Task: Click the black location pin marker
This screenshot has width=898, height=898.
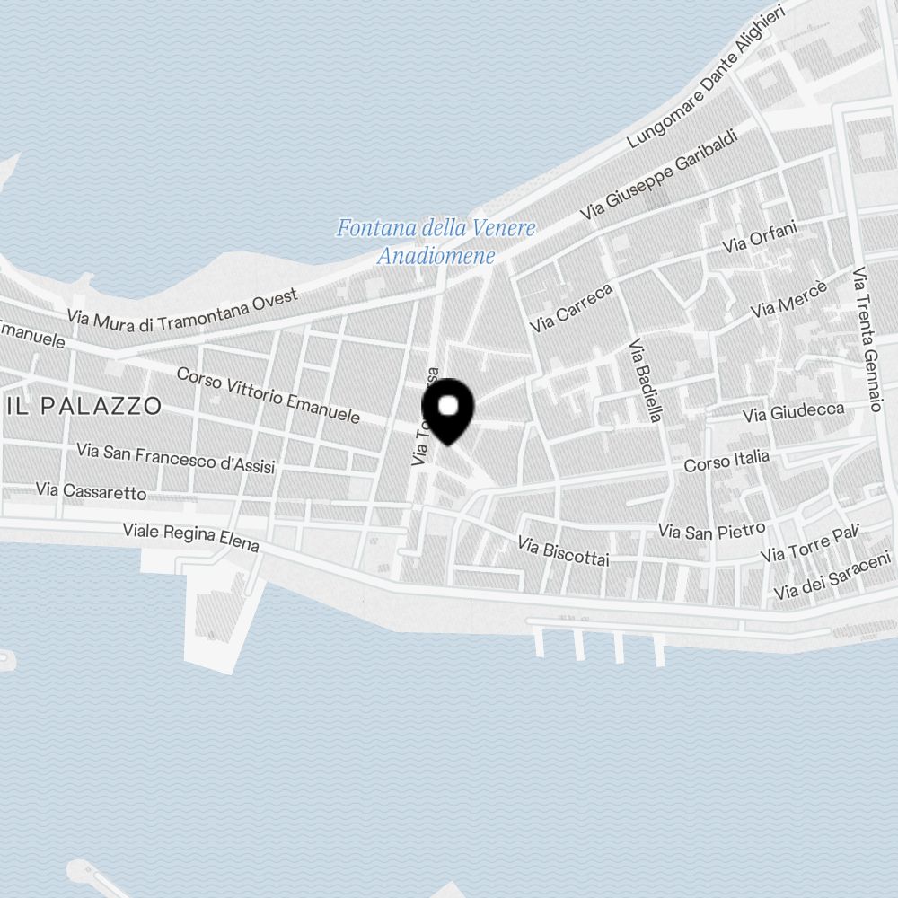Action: [447, 409]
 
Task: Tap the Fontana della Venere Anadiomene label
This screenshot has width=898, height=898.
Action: [436, 242]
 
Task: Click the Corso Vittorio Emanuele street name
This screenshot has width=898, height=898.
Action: [268, 395]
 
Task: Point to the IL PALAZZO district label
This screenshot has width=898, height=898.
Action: [84, 406]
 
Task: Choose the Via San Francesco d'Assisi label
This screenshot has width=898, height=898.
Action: [176, 457]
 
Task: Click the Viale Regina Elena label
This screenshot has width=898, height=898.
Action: [190, 537]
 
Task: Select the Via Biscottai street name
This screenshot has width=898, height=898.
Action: [564, 550]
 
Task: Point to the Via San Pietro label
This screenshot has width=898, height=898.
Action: [711, 530]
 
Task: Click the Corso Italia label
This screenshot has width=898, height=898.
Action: [726, 462]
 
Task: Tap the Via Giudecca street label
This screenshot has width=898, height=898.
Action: [794, 412]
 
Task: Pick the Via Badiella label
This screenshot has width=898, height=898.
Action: [646, 380]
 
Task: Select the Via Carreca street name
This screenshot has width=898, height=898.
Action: [571, 308]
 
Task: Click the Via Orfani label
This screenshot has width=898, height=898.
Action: [760, 237]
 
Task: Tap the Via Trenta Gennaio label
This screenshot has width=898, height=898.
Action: [867, 339]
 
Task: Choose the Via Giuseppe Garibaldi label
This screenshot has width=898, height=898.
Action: [658, 175]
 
